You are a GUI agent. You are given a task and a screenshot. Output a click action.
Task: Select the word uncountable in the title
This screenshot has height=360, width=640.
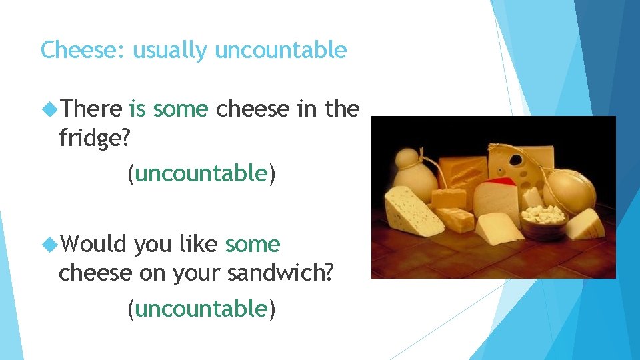click(x=281, y=50)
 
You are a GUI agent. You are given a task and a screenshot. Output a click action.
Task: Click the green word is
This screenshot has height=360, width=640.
click(x=137, y=109)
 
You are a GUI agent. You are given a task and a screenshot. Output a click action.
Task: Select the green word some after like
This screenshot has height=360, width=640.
click(x=253, y=245)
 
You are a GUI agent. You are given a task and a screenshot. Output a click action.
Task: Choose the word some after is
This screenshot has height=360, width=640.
click(x=181, y=109)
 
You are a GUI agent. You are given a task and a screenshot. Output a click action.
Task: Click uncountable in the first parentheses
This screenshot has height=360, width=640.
click(x=201, y=174)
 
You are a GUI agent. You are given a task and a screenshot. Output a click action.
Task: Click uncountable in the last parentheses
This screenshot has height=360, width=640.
click(x=201, y=309)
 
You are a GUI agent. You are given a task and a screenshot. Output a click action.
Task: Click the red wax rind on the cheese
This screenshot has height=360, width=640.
click(x=501, y=181)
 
